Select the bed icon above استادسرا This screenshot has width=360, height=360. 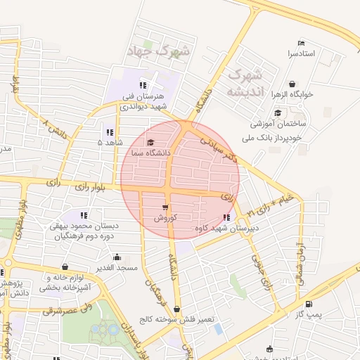pyautogui.click(x=302, y=42)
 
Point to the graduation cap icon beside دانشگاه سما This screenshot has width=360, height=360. pyautogui.click(x=150, y=143)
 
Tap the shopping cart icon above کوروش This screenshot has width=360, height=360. pyautogui.click(x=165, y=207)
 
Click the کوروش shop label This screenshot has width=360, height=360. pyautogui.click(x=165, y=218)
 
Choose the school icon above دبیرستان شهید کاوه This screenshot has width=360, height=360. pyautogui.click(x=226, y=217)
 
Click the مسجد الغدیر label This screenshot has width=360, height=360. pyautogui.click(x=116, y=268)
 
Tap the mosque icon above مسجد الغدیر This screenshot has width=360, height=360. pyautogui.click(x=116, y=257)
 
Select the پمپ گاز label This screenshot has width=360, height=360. pyautogui.click(x=308, y=314)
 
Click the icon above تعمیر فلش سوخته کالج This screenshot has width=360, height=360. pyautogui.click(x=176, y=309)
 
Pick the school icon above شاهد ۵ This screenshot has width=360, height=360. pyautogui.click(x=110, y=131)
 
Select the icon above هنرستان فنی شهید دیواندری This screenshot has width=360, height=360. pyautogui.click(x=143, y=85)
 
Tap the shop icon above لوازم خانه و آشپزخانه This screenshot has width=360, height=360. pyautogui.click(x=65, y=267)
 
